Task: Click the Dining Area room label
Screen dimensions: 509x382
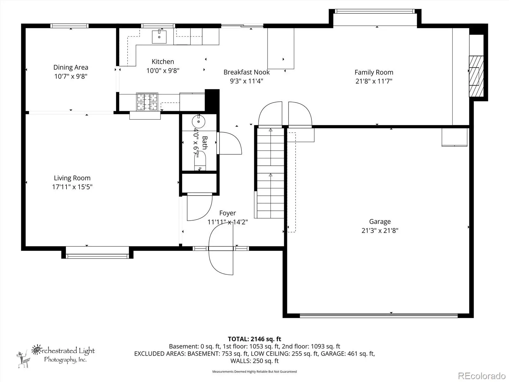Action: (71, 67)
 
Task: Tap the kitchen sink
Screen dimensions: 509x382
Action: (159, 37)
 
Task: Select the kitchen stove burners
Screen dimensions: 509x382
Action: (147, 102)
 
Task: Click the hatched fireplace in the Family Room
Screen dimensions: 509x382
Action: (476, 76)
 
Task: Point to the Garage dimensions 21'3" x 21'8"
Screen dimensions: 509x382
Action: (380, 230)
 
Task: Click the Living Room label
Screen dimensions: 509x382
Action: (72, 178)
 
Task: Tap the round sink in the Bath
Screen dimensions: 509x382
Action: (199, 121)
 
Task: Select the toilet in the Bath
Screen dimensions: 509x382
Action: (200, 160)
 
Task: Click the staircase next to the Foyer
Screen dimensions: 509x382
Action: (270, 173)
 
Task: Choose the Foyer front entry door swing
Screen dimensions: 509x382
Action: (221, 248)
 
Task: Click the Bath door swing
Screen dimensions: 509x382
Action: (230, 143)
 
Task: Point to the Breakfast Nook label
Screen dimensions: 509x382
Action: (247, 72)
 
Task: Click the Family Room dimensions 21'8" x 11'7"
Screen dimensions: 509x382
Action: (374, 81)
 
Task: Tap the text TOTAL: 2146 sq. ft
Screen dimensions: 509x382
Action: (254, 339)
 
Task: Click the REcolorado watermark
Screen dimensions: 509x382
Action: (482, 376)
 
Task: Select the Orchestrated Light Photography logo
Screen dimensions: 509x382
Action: (56, 356)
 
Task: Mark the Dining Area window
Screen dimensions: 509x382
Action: (70, 26)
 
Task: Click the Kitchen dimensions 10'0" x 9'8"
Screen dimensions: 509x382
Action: (163, 70)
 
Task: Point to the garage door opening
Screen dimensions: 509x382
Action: (379, 315)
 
